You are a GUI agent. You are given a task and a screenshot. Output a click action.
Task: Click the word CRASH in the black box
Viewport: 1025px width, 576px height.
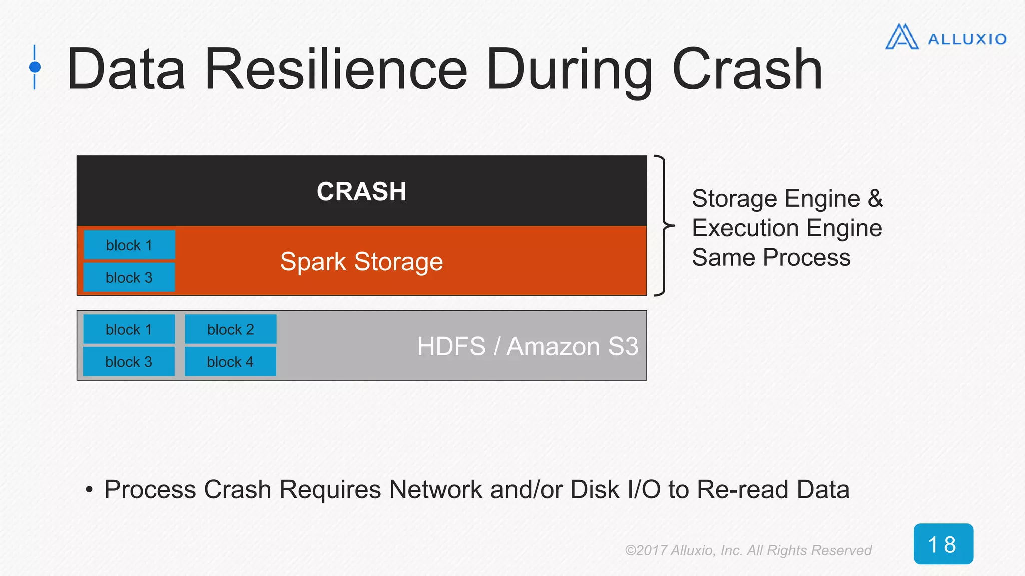coord(361,192)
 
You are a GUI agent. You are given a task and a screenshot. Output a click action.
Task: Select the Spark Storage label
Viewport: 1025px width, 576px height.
coord(361,262)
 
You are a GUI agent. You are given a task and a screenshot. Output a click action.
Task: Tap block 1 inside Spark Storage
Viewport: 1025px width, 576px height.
coord(129,245)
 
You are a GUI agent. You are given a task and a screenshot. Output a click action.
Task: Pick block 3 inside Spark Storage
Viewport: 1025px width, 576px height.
coord(129,277)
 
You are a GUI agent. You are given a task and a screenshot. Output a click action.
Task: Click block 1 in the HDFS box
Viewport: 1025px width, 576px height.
coord(129,329)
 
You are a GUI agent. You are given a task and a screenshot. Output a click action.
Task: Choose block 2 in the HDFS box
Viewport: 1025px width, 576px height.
coord(231,329)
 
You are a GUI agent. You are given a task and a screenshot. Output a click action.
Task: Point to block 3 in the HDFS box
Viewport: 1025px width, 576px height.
coord(129,361)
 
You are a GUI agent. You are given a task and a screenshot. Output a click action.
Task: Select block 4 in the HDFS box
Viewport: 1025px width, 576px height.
coord(230,361)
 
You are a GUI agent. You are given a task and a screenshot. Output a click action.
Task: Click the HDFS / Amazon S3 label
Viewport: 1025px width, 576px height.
coord(528,346)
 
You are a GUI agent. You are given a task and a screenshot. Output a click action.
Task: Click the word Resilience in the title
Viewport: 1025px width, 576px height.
coord(336,69)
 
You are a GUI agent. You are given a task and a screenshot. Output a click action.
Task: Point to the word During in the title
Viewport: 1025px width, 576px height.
coord(570,69)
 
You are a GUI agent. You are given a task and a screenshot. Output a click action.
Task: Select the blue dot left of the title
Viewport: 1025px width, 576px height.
coord(35,67)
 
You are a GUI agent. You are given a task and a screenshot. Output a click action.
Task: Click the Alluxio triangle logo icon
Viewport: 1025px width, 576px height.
coord(902,37)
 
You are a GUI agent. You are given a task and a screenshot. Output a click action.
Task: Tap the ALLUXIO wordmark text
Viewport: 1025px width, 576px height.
coord(967,39)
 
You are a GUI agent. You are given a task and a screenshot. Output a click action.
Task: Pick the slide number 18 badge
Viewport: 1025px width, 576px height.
coord(943,544)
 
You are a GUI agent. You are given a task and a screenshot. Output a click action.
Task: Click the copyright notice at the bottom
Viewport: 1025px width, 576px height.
coord(748,550)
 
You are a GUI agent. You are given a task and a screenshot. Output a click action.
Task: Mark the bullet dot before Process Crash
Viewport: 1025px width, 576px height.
coord(89,490)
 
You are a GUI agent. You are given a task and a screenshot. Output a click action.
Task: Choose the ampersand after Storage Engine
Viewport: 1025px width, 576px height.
coord(875,199)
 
